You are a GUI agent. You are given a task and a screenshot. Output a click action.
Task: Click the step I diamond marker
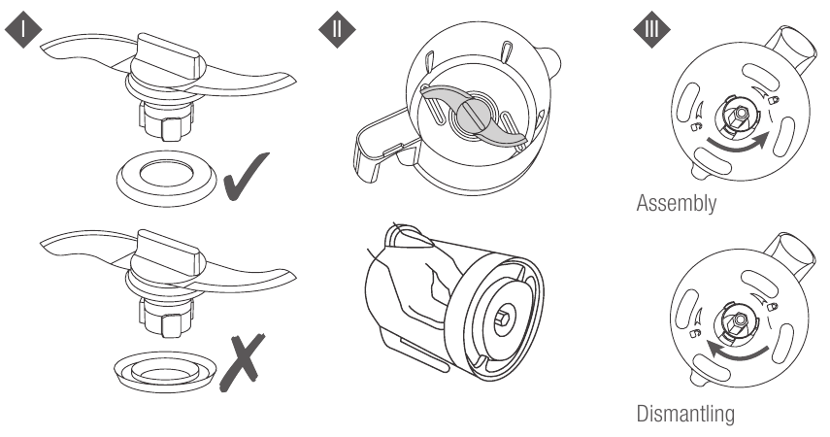tap(23, 29)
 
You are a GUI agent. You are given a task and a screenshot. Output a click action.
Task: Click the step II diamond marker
tap(337, 29)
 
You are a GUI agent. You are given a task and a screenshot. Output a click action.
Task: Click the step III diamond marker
tap(651, 29)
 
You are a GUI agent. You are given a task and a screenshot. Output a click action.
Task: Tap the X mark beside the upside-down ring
tap(243, 362)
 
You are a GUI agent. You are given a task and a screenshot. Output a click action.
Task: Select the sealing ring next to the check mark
tap(166, 179)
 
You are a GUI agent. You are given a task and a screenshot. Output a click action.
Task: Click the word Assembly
tap(677, 203)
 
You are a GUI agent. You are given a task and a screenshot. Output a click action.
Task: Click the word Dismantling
tap(685, 413)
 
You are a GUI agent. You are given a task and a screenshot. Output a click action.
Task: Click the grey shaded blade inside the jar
tap(473, 117)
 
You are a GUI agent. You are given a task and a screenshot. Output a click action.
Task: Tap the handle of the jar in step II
tap(382, 151)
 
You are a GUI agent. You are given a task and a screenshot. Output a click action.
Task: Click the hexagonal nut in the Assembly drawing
tap(739, 114)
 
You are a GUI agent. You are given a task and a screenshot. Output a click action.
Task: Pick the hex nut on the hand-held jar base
tap(503, 319)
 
